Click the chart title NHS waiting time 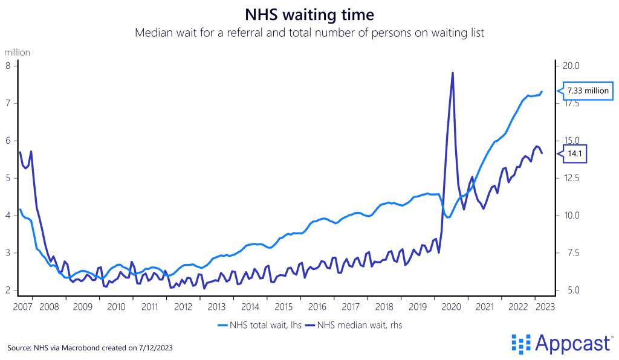(x=309, y=14)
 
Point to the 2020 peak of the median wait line (x=453, y=73)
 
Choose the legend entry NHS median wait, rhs (x=354, y=325)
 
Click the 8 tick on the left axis (x=8, y=66)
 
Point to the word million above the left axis (x=17, y=53)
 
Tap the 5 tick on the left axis (x=8, y=178)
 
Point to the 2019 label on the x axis (x=418, y=307)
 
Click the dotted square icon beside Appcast (x=520, y=343)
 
